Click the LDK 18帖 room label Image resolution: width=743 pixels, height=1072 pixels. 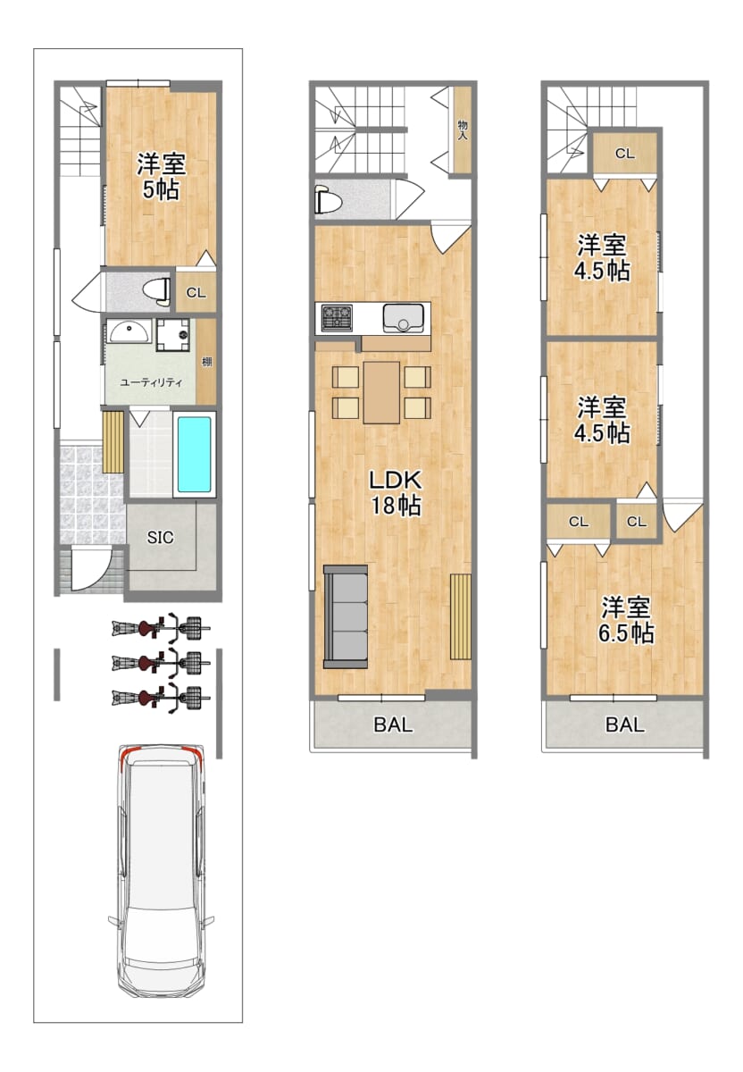click(395, 492)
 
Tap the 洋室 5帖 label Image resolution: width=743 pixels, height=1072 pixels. click(161, 177)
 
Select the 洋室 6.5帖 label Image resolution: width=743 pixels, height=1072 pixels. click(626, 620)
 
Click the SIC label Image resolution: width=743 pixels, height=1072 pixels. click(160, 538)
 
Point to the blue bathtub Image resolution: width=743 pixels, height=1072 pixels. click(195, 454)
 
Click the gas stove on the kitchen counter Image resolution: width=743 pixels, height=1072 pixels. click(337, 318)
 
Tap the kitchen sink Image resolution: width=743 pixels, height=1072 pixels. click(403, 318)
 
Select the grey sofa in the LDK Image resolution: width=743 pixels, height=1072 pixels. click(346, 616)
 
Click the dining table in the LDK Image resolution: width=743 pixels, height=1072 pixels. click(381, 392)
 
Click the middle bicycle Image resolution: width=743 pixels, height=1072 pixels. click(161, 662)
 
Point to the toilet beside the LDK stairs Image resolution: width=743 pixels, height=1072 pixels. click(327, 200)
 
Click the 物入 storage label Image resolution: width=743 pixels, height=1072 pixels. click(463, 130)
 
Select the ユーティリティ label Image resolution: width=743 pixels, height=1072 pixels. click(151, 382)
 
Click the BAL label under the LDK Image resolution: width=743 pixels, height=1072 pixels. click(393, 724)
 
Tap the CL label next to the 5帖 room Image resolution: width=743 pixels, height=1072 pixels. click(196, 292)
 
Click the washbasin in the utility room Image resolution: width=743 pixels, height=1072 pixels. click(129, 331)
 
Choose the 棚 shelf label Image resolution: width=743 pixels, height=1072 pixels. click(206, 363)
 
